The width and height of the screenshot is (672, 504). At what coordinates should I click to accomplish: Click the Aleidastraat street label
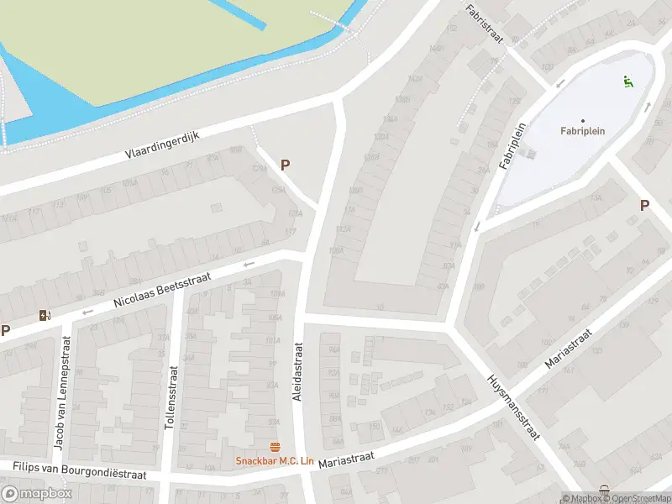coord(297,371)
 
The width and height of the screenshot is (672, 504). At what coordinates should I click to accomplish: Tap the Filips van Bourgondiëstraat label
coord(79,470)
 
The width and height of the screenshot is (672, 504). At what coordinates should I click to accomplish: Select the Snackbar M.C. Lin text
coord(274,460)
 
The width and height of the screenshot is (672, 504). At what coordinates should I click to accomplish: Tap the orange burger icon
coord(274,447)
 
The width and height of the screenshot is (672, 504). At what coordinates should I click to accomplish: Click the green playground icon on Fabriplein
coord(627,81)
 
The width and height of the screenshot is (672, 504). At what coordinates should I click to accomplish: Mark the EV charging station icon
coord(44,316)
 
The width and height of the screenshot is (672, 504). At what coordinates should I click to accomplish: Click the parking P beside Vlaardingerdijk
coord(286,166)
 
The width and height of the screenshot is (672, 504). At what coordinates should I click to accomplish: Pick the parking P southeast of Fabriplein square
coord(644,205)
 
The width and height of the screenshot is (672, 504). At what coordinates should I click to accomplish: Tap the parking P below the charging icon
coord(5,331)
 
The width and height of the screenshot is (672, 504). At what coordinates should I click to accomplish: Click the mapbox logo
coord(37,494)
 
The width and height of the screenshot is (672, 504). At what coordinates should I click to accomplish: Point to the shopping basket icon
coord(604,489)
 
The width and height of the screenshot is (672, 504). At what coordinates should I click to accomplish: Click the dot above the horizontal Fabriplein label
coord(582,120)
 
